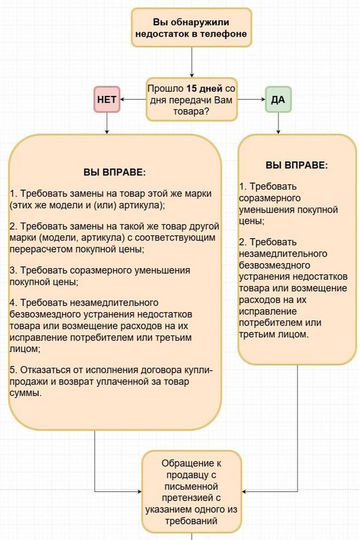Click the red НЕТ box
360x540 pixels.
pos(107,99)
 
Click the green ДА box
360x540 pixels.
pos(278,99)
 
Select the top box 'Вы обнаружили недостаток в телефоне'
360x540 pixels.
pos(191,27)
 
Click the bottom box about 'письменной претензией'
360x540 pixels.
pos(191,492)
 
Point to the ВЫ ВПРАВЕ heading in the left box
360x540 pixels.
pos(114,172)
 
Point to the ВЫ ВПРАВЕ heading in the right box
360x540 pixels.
pos(297,164)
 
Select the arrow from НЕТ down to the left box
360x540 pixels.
pos(107,122)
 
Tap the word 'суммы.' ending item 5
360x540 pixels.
pos(26,394)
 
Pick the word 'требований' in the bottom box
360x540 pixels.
pos(192,521)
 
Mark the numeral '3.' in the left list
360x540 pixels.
pos(14,270)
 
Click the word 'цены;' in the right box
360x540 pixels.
pos(251,221)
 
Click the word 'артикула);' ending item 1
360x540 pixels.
pos(143,205)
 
